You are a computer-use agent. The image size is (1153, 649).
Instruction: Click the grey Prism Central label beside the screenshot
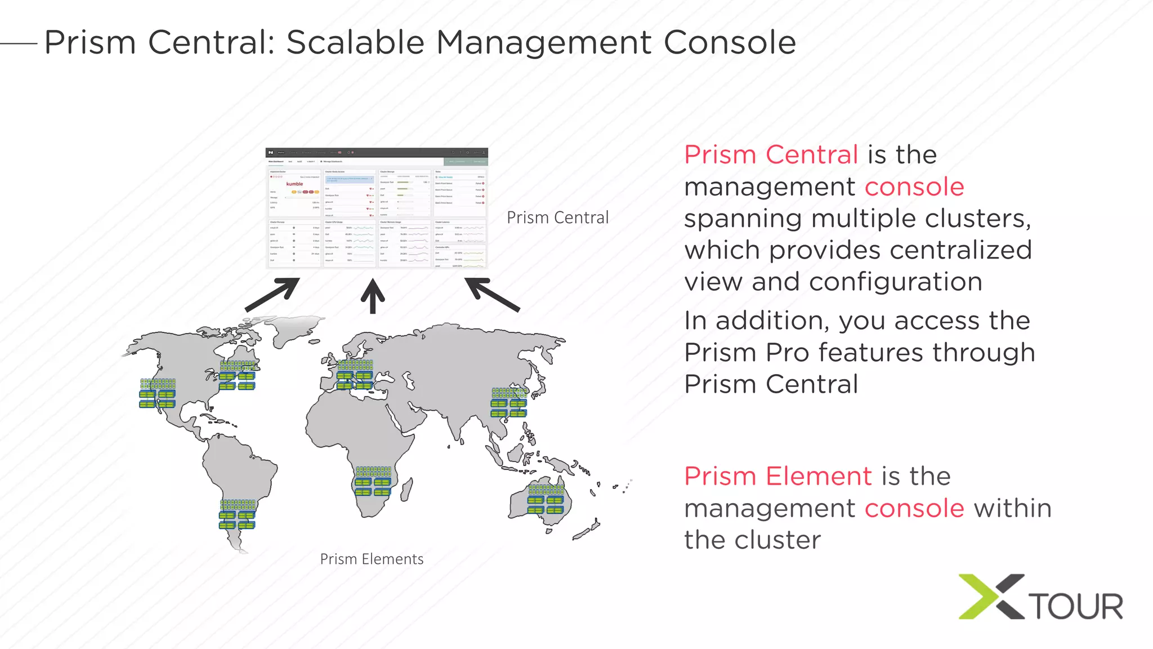pos(557,217)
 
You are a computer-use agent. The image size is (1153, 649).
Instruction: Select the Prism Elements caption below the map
pos(372,559)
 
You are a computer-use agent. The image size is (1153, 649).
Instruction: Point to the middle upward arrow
pos(373,296)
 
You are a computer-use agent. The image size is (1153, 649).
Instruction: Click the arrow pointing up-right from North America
pos(272,294)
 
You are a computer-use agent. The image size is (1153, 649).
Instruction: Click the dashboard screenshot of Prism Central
pos(377,208)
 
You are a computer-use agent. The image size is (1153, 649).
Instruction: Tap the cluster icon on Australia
pos(545,499)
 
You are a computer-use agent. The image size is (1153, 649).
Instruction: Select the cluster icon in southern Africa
pos(373,481)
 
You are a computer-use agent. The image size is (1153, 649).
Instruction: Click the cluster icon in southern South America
pos(238,514)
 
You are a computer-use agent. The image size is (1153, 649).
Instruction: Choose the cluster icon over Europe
pos(355,375)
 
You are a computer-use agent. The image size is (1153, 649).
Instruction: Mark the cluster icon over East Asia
pos(509,402)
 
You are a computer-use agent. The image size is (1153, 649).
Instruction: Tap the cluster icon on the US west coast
pos(158,393)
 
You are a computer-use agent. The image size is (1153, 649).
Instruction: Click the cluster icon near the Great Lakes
pos(237,375)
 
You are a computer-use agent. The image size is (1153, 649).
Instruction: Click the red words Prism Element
pos(778,477)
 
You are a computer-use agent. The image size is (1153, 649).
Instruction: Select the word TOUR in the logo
pos(1076,606)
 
